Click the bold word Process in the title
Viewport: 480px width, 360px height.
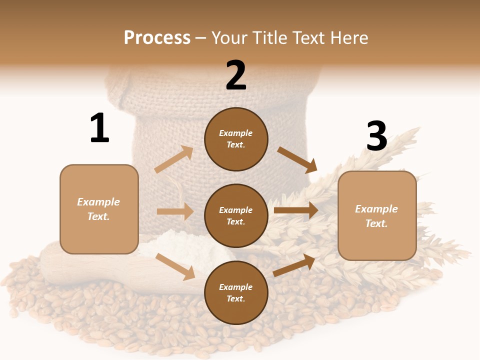pos(157,38)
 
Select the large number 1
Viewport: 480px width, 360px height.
pos(99,128)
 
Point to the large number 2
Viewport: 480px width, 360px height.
pos(236,75)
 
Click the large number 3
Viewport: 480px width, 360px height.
pos(376,136)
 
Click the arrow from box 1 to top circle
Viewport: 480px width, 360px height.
pos(174,159)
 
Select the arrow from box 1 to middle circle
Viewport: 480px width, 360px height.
pos(175,211)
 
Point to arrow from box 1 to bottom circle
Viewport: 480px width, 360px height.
pos(175,266)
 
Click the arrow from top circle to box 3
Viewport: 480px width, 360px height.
pos(297,160)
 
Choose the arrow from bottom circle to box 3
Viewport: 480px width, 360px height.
pos(294,265)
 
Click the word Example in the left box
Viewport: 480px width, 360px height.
pos(98,202)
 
